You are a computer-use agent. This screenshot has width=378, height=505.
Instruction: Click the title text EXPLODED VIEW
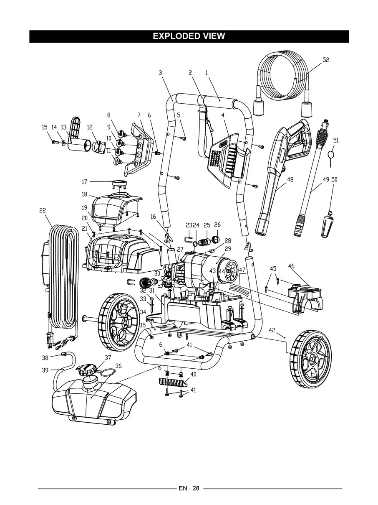pyautogui.click(x=189, y=36)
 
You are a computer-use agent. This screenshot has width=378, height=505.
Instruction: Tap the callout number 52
pyautogui.click(x=326, y=60)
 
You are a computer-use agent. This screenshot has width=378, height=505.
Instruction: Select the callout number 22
pyautogui.click(x=43, y=210)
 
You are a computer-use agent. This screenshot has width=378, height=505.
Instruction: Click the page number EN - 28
pyautogui.click(x=189, y=488)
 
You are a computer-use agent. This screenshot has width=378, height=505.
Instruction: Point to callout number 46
pyautogui.click(x=291, y=266)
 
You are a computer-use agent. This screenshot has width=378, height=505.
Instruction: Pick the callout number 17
pyautogui.click(x=84, y=182)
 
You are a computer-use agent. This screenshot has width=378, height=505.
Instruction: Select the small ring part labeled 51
pyautogui.click(x=332, y=154)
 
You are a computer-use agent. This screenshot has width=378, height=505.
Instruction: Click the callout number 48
pyautogui.click(x=290, y=179)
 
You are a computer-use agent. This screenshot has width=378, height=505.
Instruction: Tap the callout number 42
pyautogui.click(x=272, y=330)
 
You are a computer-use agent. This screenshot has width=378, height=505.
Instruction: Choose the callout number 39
pyautogui.click(x=45, y=370)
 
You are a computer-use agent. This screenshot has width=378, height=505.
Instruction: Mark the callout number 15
pyautogui.click(x=45, y=127)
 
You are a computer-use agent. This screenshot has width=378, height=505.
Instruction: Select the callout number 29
pyautogui.click(x=228, y=249)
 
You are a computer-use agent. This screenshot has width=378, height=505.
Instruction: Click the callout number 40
pyautogui.click(x=193, y=374)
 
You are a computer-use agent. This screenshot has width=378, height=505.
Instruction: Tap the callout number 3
pyautogui.click(x=160, y=72)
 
